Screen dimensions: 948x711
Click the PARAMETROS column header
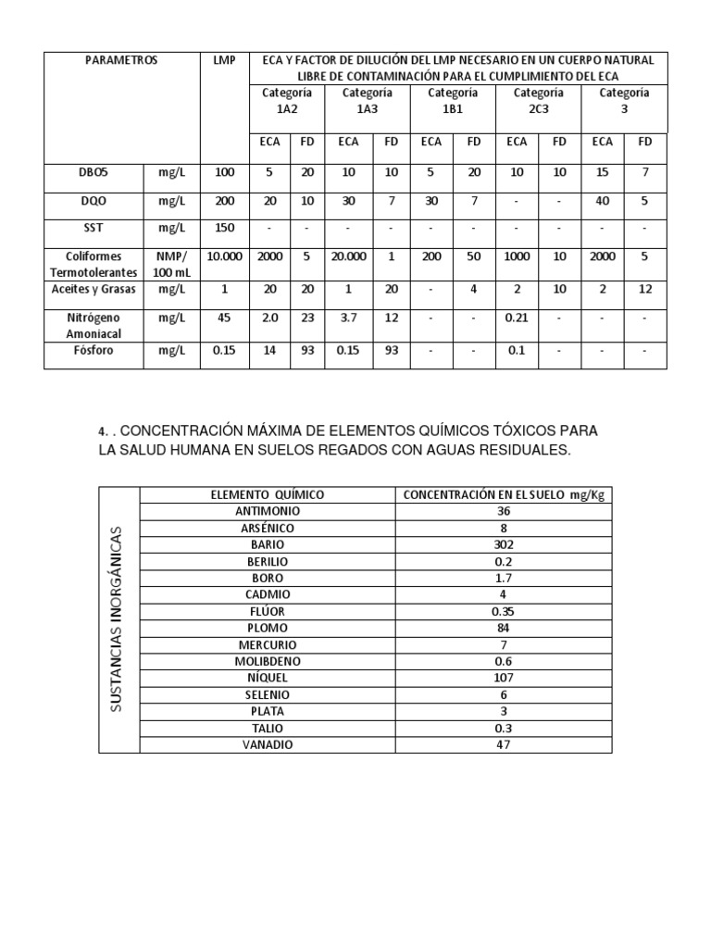121,60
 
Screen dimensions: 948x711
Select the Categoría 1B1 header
452,100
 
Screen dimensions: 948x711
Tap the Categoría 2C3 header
538,100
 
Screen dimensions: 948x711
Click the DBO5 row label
94,172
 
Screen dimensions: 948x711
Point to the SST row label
94,228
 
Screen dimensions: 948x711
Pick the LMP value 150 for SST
225,228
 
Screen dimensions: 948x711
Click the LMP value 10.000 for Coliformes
225,256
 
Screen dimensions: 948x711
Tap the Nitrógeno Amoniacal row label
94,325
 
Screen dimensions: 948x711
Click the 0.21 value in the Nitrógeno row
517,318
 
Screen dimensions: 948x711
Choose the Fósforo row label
94,352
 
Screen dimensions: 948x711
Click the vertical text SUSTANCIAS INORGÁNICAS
117,618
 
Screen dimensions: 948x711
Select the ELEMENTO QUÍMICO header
268,495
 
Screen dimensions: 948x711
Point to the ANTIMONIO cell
268,511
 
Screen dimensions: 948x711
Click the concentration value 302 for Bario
504,544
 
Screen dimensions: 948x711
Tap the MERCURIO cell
268,644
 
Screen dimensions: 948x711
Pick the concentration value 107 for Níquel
504,678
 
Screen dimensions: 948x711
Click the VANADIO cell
268,744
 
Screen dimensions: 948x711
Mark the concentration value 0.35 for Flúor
504,611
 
